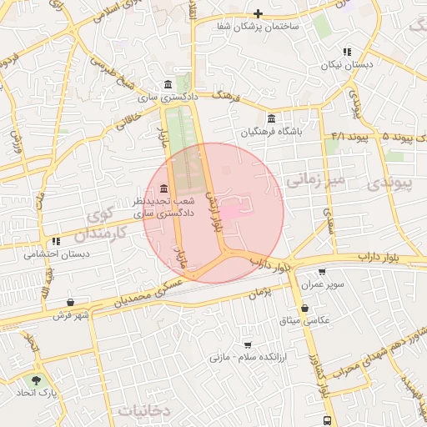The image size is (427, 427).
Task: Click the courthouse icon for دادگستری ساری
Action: coord(169,84)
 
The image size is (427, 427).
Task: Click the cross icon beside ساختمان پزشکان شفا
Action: coord(259,13)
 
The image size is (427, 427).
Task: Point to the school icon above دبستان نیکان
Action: coord(347,52)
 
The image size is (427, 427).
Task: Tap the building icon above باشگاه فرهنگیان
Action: coord(271,118)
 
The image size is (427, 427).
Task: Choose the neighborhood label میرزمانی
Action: coord(314,179)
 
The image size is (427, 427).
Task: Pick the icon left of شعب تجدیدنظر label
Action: coord(162,188)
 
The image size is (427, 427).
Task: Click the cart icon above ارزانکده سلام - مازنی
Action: coord(248,344)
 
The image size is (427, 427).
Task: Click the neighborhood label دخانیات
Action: coord(143,411)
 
